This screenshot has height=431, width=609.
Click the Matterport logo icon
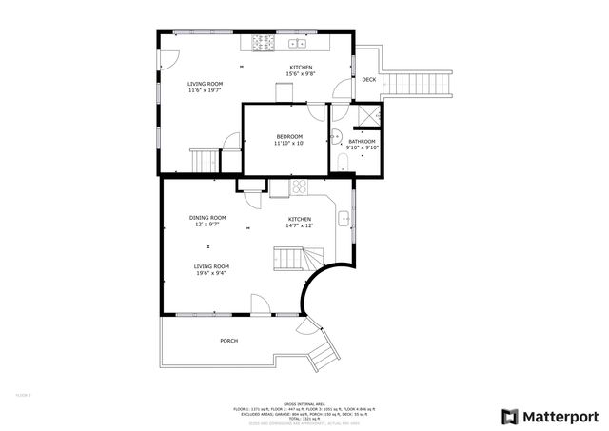509,416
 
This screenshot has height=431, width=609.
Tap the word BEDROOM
288,136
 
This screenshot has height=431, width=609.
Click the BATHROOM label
362,141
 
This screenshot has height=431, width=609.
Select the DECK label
368,80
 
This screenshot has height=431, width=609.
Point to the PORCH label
228,341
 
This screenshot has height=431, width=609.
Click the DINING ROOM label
206,218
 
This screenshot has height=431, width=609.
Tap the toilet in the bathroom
341,159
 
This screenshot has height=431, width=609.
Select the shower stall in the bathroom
366,116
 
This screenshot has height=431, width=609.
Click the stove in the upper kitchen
262,43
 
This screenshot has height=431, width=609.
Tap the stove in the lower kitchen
299,187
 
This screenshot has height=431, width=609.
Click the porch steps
322,355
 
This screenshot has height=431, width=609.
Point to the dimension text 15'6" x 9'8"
300,74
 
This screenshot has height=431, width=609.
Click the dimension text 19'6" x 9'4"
211,273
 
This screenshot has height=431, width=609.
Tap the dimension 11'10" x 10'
288,144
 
